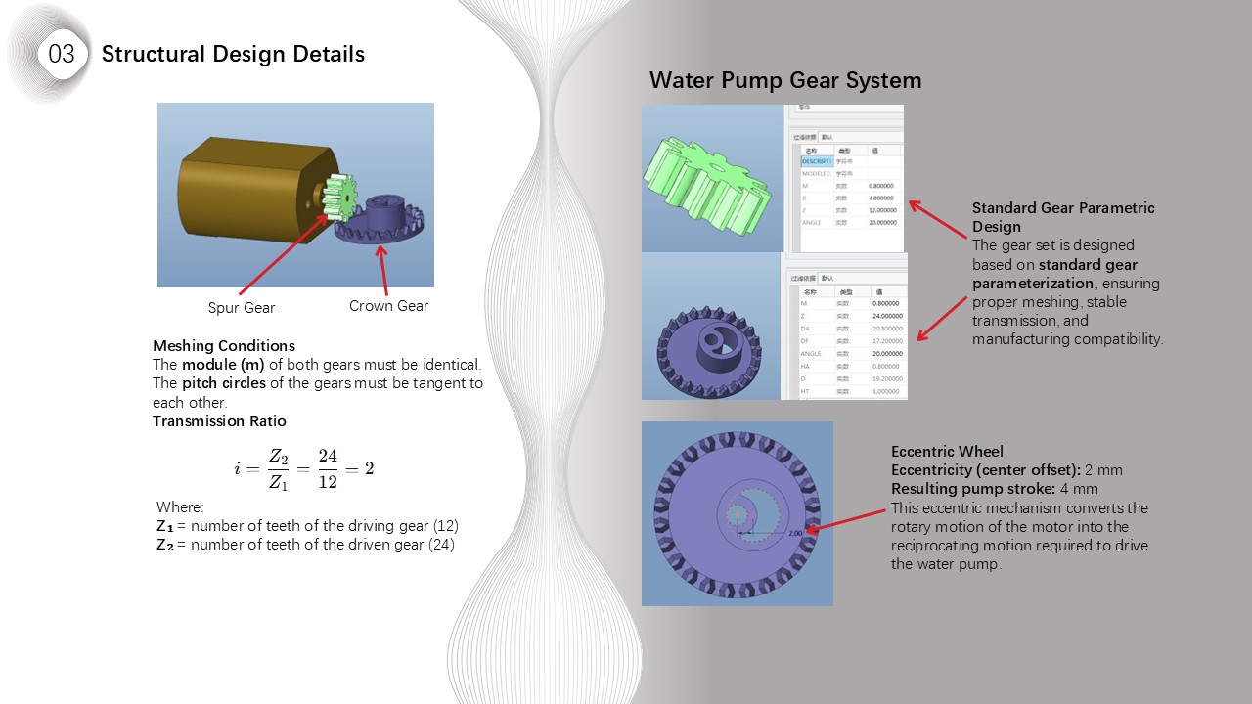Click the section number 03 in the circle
[x=61, y=54]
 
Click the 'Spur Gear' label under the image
[x=242, y=307]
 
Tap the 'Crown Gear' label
[x=388, y=306]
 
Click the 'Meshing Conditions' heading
[x=223, y=346]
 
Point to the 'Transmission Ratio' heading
[x=219, y=421]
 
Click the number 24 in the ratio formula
[x=328, y=457]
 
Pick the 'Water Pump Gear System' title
[x=785, y=80]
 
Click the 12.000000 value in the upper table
[x=882, y=210]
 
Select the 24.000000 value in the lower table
[x=887, y=316]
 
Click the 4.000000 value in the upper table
[x=881, y=198]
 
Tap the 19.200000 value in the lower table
[x=887, y=378]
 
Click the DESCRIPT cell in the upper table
[x=817, y=160]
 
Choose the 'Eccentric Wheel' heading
[x=947, y=452]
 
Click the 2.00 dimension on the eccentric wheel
[x=796, y=534]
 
